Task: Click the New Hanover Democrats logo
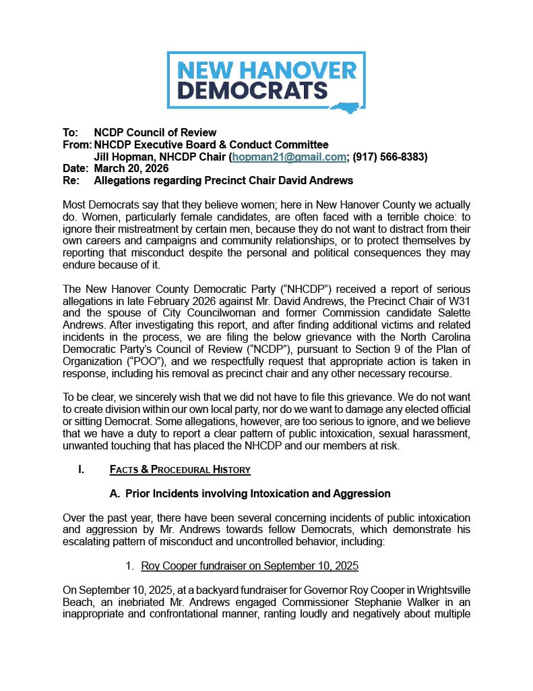click(266, 80)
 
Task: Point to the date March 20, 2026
click(131, 169)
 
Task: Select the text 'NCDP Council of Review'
click(155, 132)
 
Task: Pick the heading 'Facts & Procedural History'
click(180, 469)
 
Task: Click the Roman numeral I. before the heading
click(81, 469)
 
